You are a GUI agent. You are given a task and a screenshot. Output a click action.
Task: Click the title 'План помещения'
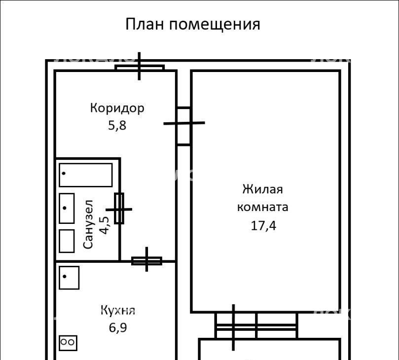point(193,25)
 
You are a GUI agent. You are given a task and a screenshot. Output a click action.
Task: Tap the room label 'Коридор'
point(117,108)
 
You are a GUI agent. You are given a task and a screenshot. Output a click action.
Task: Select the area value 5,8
point(117,125)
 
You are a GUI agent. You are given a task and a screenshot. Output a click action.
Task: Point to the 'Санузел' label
point(88,224)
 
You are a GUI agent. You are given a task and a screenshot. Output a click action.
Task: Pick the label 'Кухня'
point(118,310)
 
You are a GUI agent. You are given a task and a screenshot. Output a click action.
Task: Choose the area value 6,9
point(118,327)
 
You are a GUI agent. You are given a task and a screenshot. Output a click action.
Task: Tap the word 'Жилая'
point(262,189)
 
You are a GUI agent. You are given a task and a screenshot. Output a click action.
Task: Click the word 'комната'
point(262,207)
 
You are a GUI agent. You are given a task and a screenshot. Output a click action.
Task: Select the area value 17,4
point(263,225)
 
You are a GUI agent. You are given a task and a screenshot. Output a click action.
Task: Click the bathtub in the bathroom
point(86,175)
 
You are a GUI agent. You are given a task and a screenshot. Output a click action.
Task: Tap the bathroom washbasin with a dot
point(67,209)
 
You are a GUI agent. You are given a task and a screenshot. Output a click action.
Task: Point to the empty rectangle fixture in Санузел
point(67,241)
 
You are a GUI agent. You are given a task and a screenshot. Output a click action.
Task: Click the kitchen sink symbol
point(69,278)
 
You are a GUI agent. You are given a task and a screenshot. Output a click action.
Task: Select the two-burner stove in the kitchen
point(68,343)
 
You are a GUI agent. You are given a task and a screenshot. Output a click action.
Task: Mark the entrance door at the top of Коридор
point(140,67)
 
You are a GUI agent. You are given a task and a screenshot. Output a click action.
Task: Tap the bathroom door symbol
point(119,209)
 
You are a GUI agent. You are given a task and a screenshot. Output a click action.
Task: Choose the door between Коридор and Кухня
point(146,261)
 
